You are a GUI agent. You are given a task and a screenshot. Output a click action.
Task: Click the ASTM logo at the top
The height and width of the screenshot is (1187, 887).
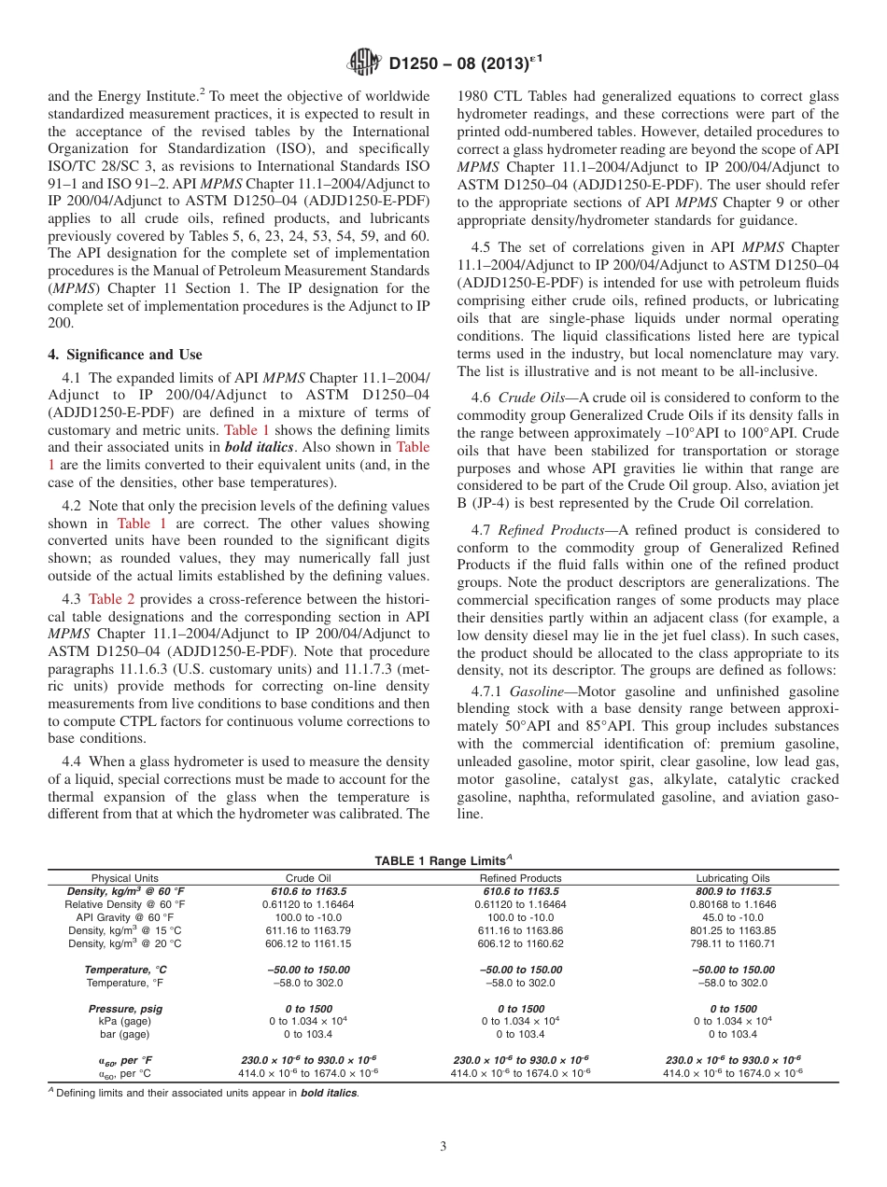[x=363, y=63]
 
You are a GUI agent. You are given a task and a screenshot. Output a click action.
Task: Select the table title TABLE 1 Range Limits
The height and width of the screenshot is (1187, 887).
[x=442, y=860]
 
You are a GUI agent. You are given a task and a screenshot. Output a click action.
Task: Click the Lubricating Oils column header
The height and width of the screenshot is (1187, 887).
[x=732, y=878]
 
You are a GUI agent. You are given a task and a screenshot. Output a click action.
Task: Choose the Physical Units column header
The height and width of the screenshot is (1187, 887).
[x=125, y=878]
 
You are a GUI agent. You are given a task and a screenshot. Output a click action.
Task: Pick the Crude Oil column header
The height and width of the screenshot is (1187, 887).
[x=307, y=878]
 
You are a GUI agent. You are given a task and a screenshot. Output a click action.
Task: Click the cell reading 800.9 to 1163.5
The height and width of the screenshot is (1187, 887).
[x=732, y=891]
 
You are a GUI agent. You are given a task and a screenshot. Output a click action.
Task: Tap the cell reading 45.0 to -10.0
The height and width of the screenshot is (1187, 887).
[x=732, y=917]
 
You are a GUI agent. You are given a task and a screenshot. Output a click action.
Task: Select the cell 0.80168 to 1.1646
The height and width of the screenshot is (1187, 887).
[x=732, y=904]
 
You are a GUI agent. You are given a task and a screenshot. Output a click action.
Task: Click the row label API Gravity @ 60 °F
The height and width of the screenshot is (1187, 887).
[x=125, y=917]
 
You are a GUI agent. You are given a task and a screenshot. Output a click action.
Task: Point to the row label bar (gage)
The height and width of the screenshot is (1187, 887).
[x=125, y=1034]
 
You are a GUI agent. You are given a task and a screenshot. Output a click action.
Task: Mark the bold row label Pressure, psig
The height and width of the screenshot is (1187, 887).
[x=125, y=1009]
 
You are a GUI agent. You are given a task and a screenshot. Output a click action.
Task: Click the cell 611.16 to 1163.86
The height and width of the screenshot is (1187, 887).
[x=520, y=930]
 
